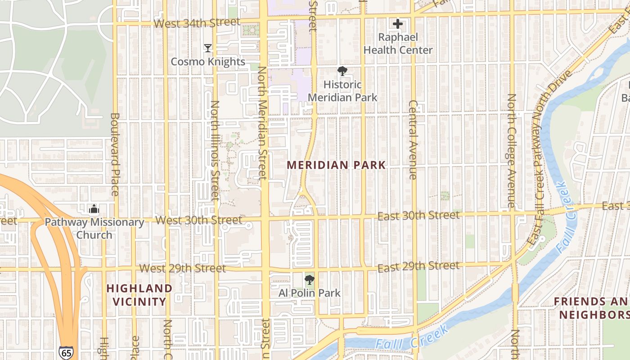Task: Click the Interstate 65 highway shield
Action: pyautogui.click(x=66, y=352)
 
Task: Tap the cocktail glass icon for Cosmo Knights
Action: pyautogui.click(x=208, y=48)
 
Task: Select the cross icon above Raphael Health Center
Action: pyautogui.click(x=398, y=24)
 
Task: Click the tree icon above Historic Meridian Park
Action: pyautogui.click(x=342, y=71)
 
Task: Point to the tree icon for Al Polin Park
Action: pyautogui.click(x=309, y=280)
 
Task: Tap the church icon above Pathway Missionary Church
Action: pyautogui.click(x=94, y=209)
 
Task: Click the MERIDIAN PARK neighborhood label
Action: pyautogui.click(x=337, y=165)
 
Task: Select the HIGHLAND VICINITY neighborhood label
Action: pyautogui.click(x=139, y=295)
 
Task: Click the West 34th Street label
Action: pyautogui.click(x=197, y=22)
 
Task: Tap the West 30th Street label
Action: pyautogui.click(x=199, y=220)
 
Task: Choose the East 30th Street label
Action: pyautogui.click(x=418, y=216)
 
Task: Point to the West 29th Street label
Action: pyautogui.click(x=182, y=268)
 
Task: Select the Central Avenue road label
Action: pyautogui.click(x=414, y=139)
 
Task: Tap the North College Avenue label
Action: pyautogui.click(x=512, y=151)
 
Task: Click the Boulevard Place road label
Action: pyautogui.click(x=114, y=154)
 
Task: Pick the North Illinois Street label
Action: pyautogui.click(x=215, y=151)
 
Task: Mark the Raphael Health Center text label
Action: pyautogui.click(x=398, y=44)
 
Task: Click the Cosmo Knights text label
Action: pyautogui.click(x=208, y=62)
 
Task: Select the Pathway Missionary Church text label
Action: pyautogui.click(x=94, y=228)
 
